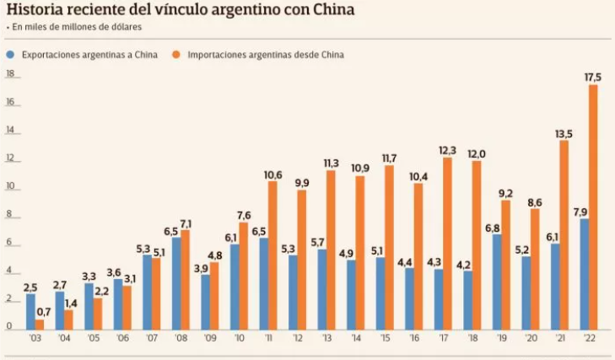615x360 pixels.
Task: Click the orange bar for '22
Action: click(593, 207)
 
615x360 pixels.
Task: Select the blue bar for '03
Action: click(30, 311)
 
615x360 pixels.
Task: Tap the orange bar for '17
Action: click(448, 243)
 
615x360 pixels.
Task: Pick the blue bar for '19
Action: click(496, 281)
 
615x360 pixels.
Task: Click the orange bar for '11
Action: click(272, 255)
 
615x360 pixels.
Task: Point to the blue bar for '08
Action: click(176, 282)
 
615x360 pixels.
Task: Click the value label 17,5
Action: click(593, 77)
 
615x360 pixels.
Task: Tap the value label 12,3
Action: click(448, 150)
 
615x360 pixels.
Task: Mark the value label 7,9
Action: click(582, 211)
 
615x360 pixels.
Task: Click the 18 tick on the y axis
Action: click(11, 74)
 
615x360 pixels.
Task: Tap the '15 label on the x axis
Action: click(386, 339)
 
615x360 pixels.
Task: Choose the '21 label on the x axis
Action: click(560, 339)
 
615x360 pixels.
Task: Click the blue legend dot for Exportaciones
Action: click(10, 54)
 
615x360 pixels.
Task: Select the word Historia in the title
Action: click(37, 10)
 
